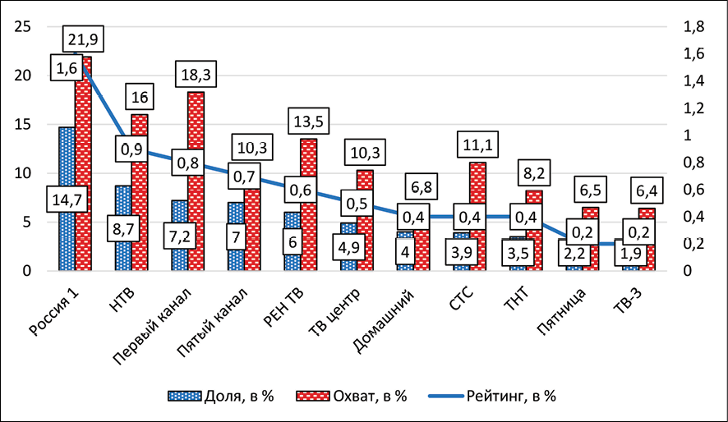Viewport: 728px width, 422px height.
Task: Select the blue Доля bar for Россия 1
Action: pyautogui.click(x=67, y=164)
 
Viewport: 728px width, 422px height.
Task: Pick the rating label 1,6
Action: pyautogui.click(x=66, y=69)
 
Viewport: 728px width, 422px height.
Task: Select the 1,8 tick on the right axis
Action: pyautogui.click(x=693, y=27)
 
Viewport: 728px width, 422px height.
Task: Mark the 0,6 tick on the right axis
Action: pyautogui.click(x=693, y=190)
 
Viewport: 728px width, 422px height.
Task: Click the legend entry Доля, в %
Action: pyautogui.click(x=220, y=396)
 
